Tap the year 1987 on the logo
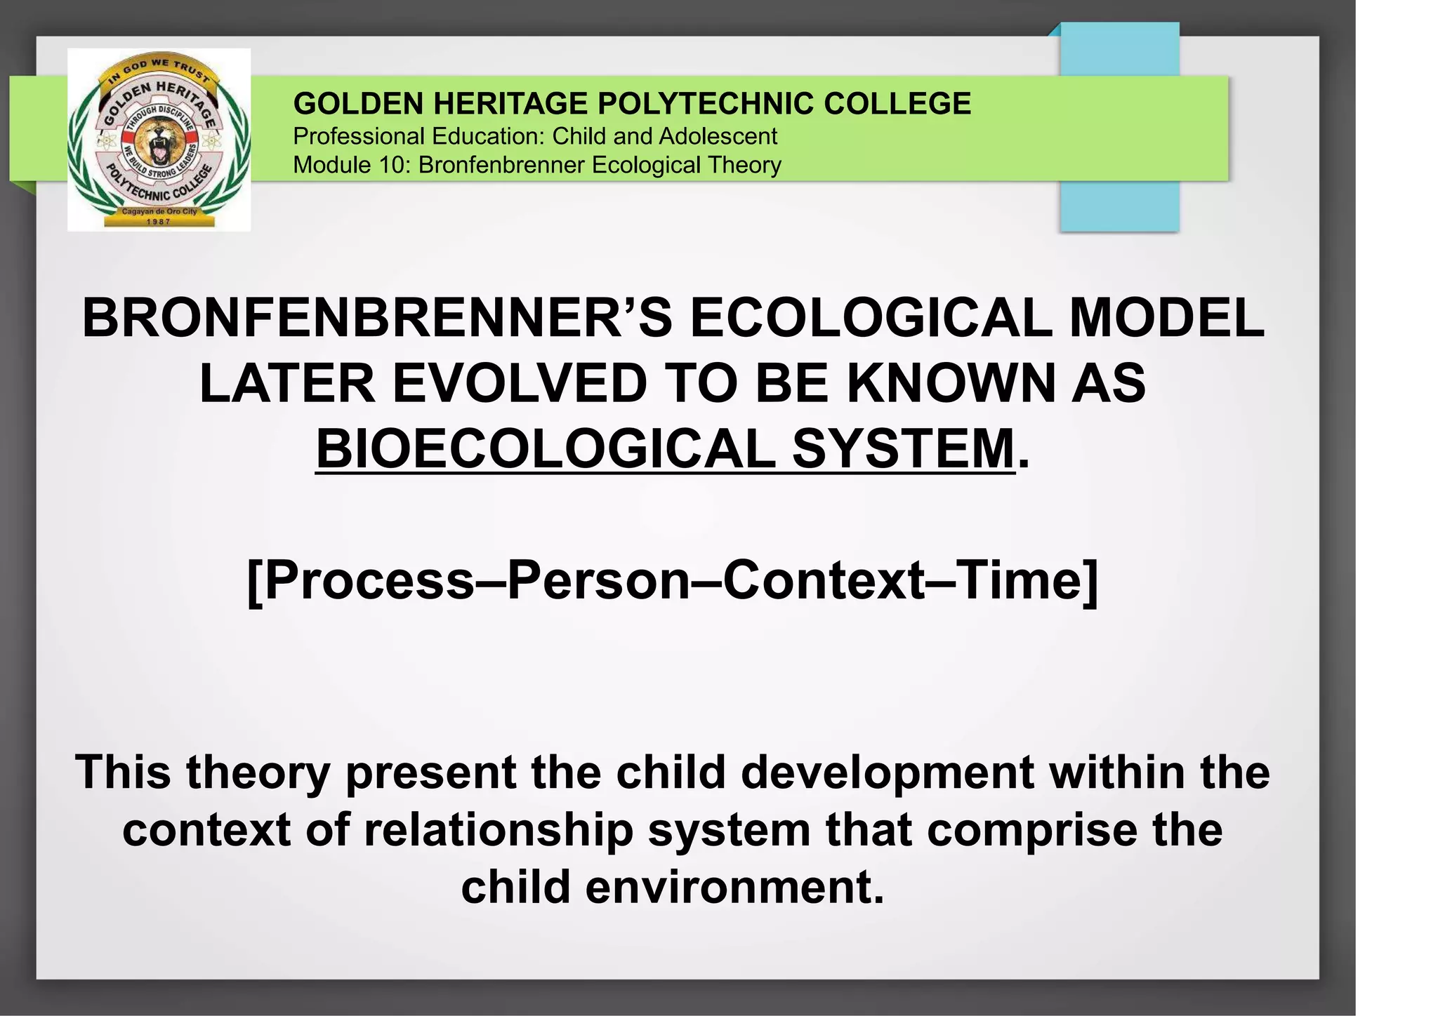click(159, 222)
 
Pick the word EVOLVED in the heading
click(518, 384)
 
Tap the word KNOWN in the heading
click(951, 384)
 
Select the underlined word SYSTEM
click(904, 449)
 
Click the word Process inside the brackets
click(369, 581)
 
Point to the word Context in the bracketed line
click(824, 581)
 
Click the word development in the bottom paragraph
click(887, 773)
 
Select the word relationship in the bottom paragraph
click(498, 830)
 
